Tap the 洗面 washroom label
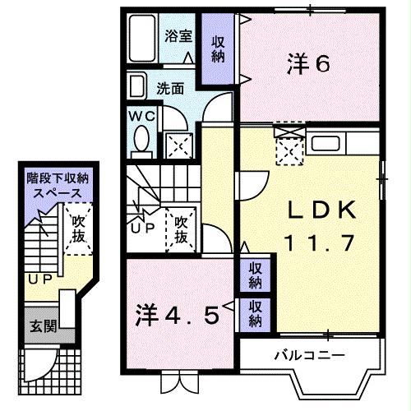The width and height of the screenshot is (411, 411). click(x=170, y=86)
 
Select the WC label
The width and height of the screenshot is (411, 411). click(x=138, y=116)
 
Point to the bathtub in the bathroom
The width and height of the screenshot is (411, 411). click(x=142, y=39)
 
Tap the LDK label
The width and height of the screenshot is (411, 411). click(x=321, y=212)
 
